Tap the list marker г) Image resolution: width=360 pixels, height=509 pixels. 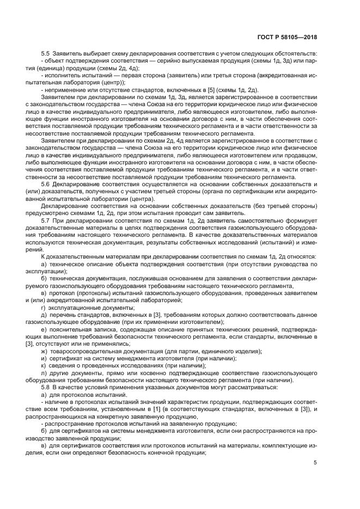(44, 308)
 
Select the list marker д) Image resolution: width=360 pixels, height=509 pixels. (44, 315)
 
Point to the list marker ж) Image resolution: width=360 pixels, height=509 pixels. (45, 351)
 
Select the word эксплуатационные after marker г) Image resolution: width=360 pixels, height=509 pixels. (73, 308)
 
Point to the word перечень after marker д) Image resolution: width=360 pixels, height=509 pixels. (64, 315)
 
